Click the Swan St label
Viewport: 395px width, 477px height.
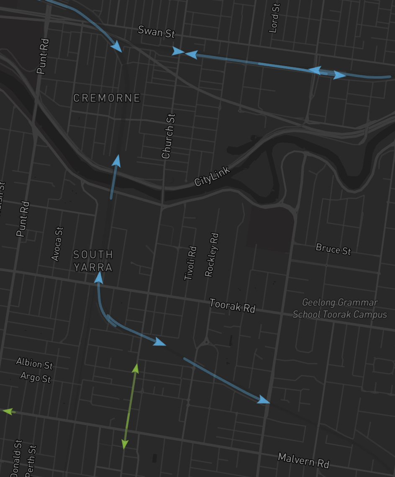click(156, 31)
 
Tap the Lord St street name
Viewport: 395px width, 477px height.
click(274, 18)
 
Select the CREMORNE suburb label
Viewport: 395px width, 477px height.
click(107, 98)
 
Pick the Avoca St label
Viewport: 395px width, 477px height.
click(58, 244)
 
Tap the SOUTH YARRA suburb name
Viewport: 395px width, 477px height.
click(93, 261)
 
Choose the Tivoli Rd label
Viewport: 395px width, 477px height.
click(190, 263)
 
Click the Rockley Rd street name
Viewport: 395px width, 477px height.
click(212, 255)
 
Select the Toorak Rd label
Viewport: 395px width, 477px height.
click(232, 305)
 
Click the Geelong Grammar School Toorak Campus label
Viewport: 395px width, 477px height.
click(340, 308)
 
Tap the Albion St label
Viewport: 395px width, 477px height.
click(34, 363)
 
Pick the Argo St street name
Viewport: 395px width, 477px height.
click(36, 377)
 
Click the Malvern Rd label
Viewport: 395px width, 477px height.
click(304, 460)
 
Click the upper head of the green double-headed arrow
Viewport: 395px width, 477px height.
click(135, 368)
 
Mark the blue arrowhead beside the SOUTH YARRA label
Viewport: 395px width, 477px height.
click(99, 277)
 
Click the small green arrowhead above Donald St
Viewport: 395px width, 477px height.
click(7, 411)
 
